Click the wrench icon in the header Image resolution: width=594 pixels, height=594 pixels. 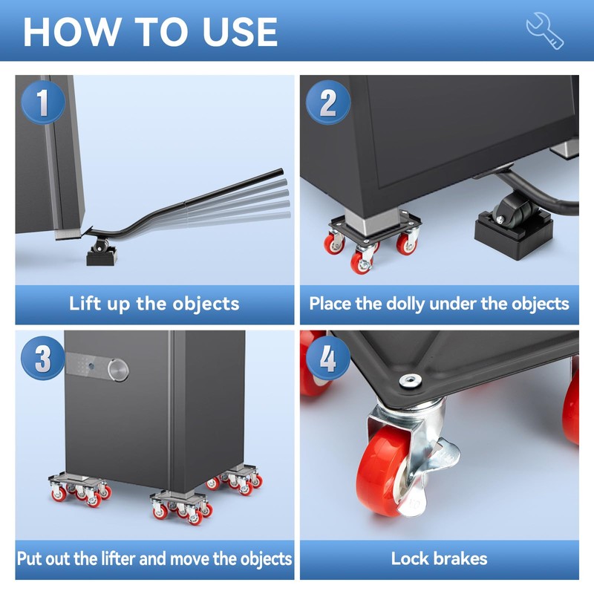tap(545, 30)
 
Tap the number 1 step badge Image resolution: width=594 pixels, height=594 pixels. tap(43, 102)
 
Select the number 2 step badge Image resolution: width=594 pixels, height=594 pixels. tap(327, 102)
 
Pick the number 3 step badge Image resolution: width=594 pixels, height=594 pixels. tap(43, 358)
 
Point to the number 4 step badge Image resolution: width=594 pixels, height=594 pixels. tap(327, 358)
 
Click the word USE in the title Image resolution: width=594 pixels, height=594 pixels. tap(240, 32)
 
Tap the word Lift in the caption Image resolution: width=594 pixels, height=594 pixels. tap(85, 304)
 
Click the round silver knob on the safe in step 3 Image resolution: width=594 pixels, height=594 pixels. tap(118, 370)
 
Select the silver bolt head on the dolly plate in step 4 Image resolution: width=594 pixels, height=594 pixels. tap(411, 380)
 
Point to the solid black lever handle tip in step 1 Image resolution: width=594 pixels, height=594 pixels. tap(281, 172)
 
